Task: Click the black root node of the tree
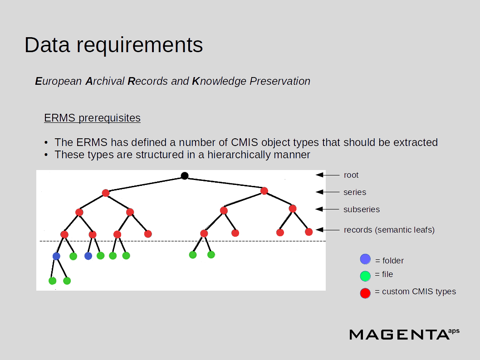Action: point(185,176)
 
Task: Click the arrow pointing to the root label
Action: point(327,175)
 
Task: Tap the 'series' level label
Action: point(355,192)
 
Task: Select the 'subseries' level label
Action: point(362,209)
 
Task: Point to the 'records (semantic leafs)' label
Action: point(389,230)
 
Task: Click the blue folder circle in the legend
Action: point(365,259)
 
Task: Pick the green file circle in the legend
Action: point(365,276)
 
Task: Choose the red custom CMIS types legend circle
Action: point(365,293)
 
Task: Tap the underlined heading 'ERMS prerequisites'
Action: point(92,118)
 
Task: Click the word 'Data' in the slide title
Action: point(47,45)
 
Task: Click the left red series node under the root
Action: point(106,193)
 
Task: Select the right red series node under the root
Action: point(264,191)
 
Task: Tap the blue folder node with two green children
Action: point(56,256)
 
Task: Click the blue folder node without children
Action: point(88,256)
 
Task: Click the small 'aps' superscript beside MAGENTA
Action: point(453,331)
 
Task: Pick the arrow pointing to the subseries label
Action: point(327,209)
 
